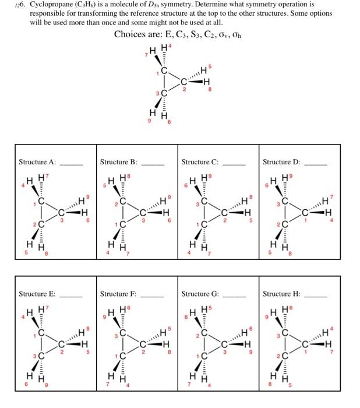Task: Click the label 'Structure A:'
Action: click(x=37, y=161)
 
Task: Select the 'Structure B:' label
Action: click(x=119, y=161)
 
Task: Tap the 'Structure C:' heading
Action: click(x=200, y=161)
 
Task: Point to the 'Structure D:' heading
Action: click(x=282, y=161)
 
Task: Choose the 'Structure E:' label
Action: click(x=37, y=294)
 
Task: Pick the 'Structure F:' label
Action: click(x=118, y=294)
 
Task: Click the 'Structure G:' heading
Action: click(x=200, y=294)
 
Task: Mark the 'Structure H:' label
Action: click(x=282, y=294)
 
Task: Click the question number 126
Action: click(x=15, y=5)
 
